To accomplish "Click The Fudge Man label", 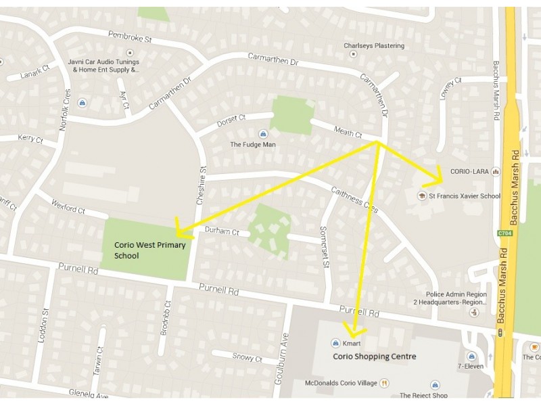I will coord(253,144).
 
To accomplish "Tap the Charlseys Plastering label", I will coord(374,46).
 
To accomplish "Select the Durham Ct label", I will coord(222,231).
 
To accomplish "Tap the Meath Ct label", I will coord(348,131).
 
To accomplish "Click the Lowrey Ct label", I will coord(450,89).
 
